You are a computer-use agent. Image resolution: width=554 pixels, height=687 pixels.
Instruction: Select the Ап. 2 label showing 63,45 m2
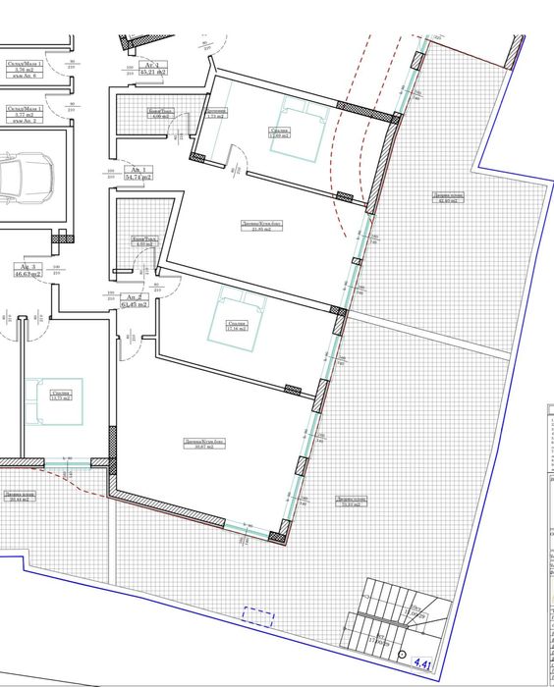(x=135, y=301)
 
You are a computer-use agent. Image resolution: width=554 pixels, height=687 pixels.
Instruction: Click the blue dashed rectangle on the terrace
(x=258, y=616)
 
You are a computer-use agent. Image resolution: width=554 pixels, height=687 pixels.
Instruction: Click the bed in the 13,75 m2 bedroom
(x=47, y=397)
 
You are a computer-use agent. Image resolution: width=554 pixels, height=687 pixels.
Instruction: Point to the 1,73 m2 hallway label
(x=216, y=113)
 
